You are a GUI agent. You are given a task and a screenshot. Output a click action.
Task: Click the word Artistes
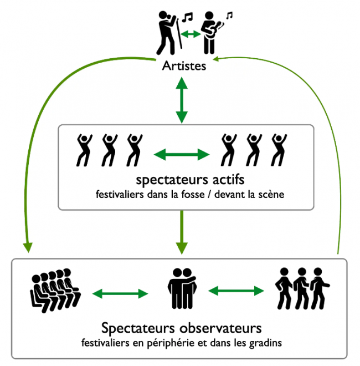(184, 66)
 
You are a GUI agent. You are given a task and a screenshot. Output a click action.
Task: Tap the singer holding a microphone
(167, 33)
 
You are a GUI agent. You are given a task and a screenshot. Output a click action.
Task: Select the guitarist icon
(211, 33)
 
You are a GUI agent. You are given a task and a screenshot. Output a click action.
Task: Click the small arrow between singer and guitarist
(191, 34)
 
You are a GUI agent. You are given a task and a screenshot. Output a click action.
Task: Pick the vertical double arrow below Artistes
(182, 100)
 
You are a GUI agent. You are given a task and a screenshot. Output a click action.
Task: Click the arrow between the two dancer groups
(182, 155)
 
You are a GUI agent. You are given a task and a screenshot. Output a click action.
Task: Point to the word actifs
(229, 180)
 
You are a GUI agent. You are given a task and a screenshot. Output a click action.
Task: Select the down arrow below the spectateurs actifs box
(182, 232)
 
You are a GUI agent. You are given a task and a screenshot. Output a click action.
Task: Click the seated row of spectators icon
(55, 291)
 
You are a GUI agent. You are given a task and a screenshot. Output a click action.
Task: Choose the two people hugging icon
(182, 288)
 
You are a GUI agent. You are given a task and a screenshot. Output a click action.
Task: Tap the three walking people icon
(302, 288)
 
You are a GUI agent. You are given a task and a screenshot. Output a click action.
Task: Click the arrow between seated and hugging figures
(120, 294)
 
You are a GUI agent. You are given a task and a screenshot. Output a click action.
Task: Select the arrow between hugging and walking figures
(236, 291)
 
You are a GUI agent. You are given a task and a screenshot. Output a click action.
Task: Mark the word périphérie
(171, 343)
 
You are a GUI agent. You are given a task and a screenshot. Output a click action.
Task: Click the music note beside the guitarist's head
(229, 15)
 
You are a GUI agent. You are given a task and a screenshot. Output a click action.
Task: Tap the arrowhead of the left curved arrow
(28, 247)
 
